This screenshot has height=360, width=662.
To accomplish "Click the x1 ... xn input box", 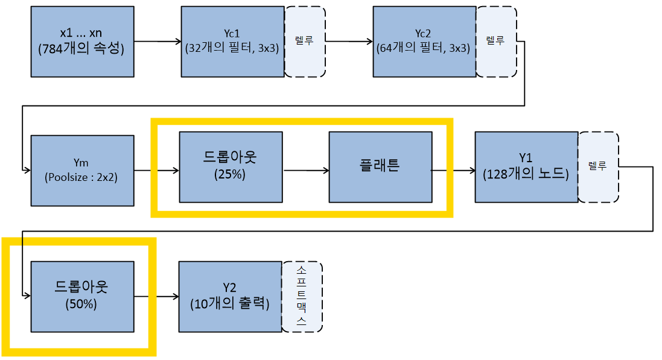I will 82,42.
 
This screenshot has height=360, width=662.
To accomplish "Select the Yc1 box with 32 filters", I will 232,42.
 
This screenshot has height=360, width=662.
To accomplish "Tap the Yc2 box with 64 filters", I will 424,42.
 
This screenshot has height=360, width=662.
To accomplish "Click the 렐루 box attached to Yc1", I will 305,42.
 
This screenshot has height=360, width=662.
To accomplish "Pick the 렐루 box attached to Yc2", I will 497,42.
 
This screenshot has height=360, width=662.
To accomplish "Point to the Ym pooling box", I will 82,171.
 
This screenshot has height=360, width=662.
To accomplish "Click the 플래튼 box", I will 380,167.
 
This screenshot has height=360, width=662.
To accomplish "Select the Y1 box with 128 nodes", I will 526,167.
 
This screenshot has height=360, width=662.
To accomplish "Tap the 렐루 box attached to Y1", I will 598,167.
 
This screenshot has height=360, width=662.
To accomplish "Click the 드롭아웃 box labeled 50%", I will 82,296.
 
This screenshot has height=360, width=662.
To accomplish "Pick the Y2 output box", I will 231,296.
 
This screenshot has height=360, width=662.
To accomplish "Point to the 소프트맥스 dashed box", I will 302,296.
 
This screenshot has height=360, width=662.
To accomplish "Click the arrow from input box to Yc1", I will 157,42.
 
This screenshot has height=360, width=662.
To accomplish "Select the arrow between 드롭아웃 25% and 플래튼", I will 306,171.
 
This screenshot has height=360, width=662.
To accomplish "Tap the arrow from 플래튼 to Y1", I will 453,171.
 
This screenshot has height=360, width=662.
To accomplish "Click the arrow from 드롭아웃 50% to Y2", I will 156,296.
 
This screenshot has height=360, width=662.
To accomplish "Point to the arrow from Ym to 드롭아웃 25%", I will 156,171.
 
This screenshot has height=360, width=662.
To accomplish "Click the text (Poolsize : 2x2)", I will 82,178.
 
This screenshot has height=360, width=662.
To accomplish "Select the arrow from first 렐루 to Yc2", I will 349,42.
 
